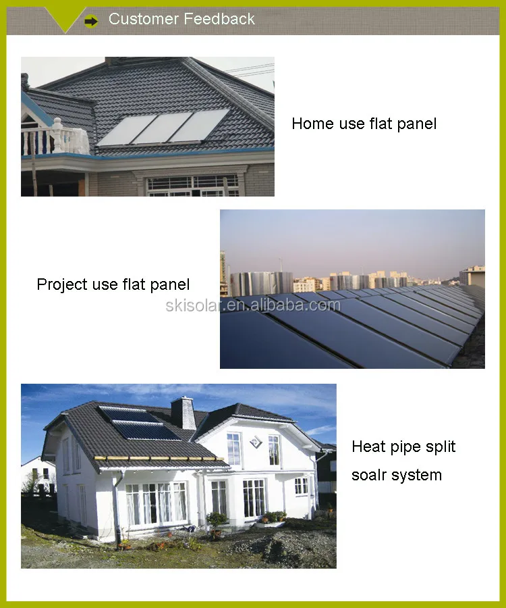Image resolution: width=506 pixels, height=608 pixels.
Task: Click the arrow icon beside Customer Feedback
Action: pyautogui.click(x=91, y=22)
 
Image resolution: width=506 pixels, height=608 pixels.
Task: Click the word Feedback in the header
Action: pyautogui.click(x=221, y=19)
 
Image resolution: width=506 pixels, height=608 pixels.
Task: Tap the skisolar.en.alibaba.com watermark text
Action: pyautogui.click(x=253, y=305)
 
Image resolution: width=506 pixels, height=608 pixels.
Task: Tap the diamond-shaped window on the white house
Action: pyautogui.click(x=255, y=441)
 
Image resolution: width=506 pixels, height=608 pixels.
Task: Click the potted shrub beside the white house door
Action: pyautogui.click(x=216, y=520)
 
